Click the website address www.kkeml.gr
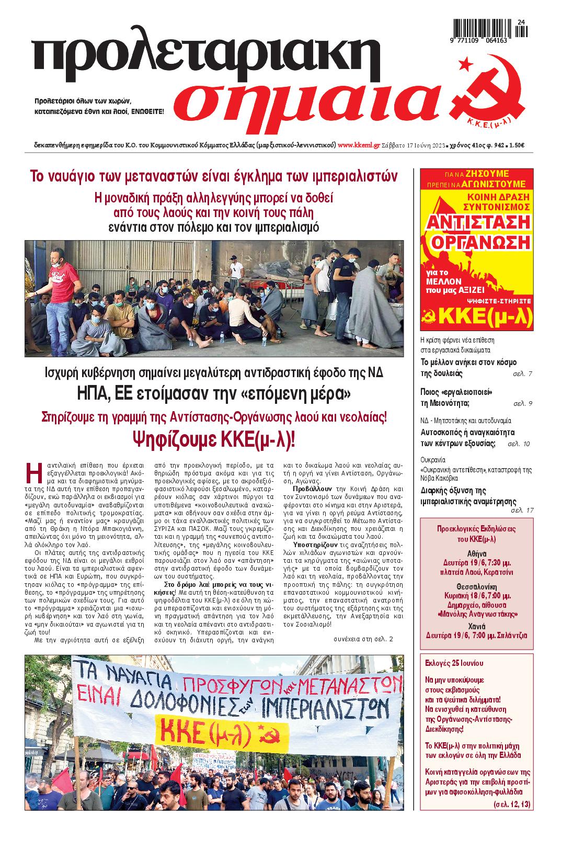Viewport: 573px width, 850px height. coord(359,145)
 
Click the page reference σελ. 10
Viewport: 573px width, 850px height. coord(519,444)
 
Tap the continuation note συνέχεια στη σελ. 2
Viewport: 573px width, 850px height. coord(363,639)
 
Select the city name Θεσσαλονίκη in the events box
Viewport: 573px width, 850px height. coord(476,586)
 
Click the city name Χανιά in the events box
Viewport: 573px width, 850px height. coord(476,626)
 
